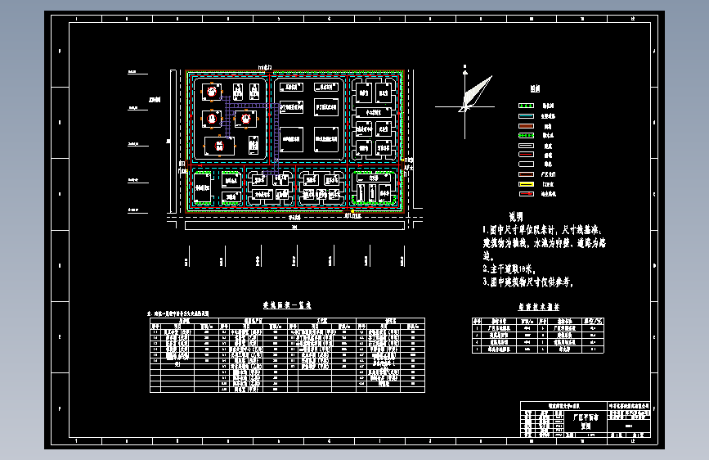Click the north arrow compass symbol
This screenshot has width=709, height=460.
[469, 94]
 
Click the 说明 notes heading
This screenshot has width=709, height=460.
[515, 218]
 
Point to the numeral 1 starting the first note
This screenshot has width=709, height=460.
[484, 231]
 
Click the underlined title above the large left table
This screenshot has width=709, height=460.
[281, 304]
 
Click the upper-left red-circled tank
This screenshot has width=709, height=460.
[213, 91]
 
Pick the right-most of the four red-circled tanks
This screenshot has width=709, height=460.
[242, 120]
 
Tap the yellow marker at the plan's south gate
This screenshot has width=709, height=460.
[352, 213]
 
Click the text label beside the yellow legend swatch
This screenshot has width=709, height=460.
[549, 185]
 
